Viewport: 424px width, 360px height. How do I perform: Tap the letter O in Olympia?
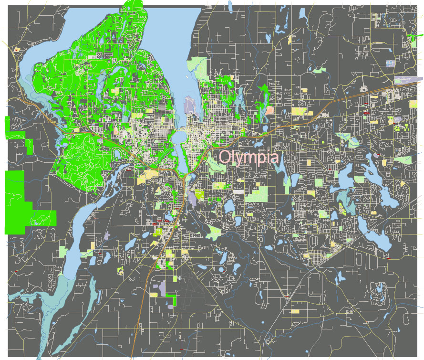click(225, 157)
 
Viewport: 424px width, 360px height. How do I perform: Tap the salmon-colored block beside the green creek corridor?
click(270, 110)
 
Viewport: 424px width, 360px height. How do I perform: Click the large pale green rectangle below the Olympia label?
click(257, 194)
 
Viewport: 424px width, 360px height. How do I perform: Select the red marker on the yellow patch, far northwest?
click(17, 49)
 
